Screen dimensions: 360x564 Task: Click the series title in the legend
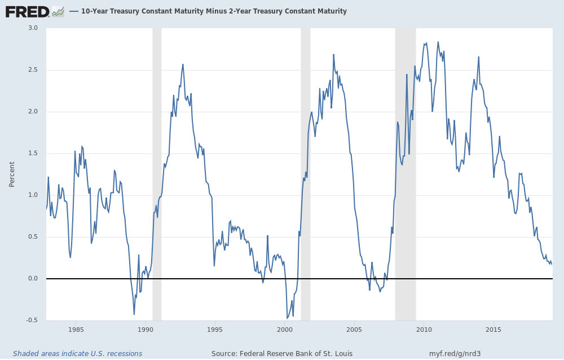(x=214, y=11)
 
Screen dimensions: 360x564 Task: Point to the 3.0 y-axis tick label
(x=33, y=28)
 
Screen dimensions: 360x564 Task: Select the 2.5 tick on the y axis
(x=33, y=70)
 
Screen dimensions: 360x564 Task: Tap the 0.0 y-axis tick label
(x=33, y=279)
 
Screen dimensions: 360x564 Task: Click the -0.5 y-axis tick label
(x=32, y=321)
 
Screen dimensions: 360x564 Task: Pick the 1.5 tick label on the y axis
(x=33, y=153)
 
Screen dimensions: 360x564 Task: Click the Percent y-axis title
(x=12, y=174)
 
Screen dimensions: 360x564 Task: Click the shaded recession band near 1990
(x=157, y=169)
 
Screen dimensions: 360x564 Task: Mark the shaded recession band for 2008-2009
(x=405, y=169)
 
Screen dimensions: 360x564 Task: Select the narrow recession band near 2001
(x=305, y=169)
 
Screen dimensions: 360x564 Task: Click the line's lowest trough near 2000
(x=287, y=318)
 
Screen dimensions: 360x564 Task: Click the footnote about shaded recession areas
(x=77, y=354)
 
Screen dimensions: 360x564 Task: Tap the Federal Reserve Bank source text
(x=282, y=354)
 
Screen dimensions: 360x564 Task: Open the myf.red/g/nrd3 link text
(x=455, y=354)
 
